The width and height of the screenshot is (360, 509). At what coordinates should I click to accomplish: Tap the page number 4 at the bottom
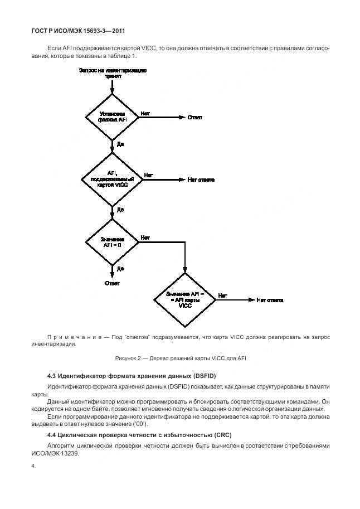pyautogui.click(x=33, y=465)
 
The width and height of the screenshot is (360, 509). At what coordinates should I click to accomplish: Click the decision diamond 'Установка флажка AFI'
pyautogui.click(x=113, y=117)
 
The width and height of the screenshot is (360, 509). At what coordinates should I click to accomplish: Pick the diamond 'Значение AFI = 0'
pyautogui.click(x=113, y=241)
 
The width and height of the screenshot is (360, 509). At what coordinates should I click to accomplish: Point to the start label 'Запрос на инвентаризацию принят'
pyautogui.click(x=113, y=73)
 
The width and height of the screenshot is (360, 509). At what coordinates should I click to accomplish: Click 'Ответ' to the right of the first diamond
pyautogui.click(x=194, y=117)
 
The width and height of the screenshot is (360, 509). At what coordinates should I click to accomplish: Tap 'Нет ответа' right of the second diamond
pyautogui.click(x=201, y=180)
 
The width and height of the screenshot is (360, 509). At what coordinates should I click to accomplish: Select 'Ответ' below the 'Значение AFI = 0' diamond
pyautogui.click(x=113, y=283)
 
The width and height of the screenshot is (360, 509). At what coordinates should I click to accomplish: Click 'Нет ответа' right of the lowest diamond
pyautogui.click(x=270, y=300)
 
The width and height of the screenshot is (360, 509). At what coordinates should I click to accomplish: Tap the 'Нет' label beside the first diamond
pyautogui.click(x=145, y=113)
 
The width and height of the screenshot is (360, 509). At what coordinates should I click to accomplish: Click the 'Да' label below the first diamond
pyautogui.click(x=120, y=144)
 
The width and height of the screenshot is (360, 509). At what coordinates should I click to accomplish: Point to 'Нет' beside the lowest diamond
pyautogui.click(x=222, y=295)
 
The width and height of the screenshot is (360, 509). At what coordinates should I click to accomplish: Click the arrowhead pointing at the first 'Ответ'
pyautogui.click(x=181, y=117)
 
